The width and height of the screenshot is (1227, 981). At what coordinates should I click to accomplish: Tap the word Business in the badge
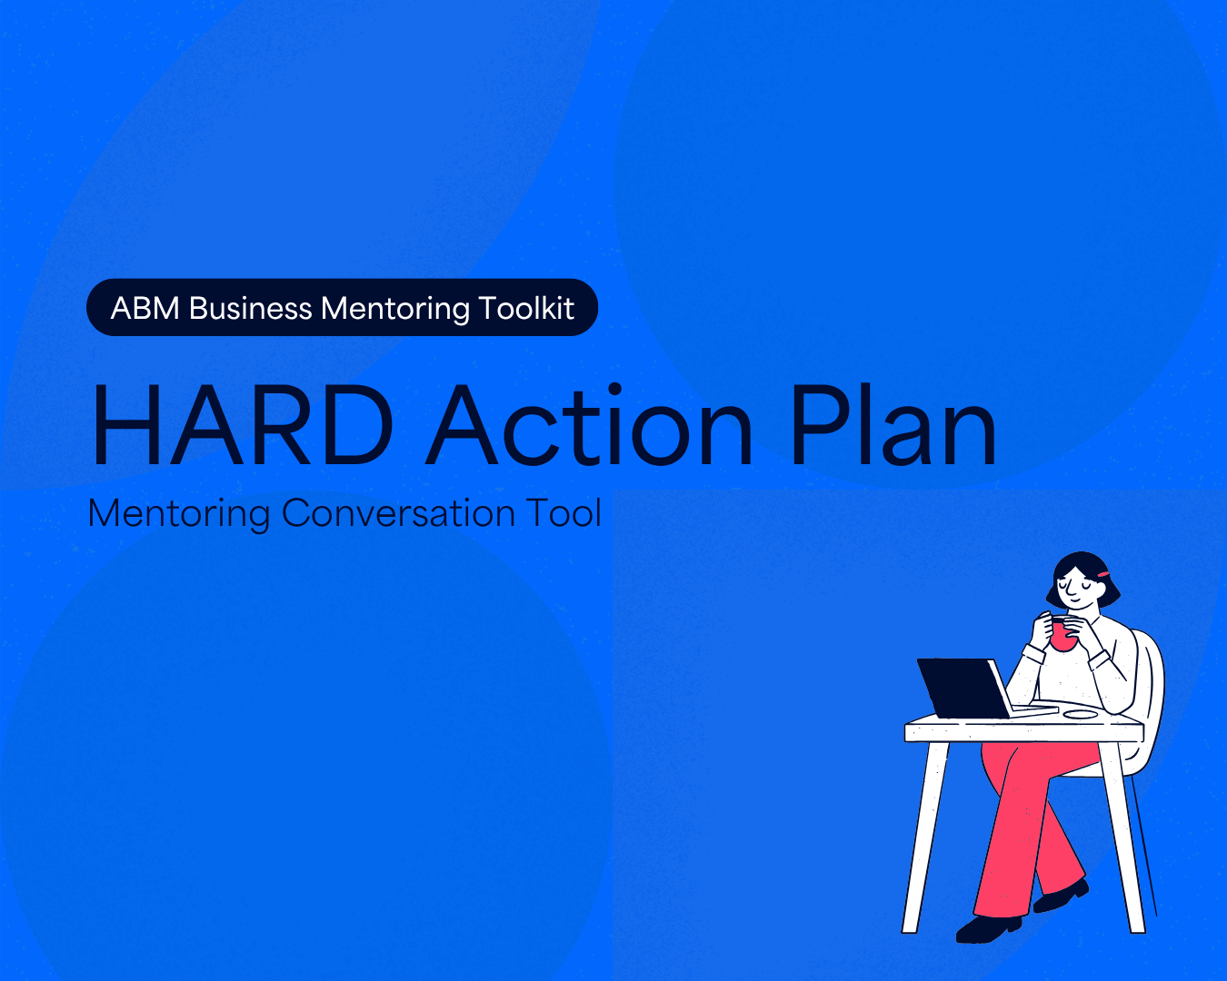click(250, 309)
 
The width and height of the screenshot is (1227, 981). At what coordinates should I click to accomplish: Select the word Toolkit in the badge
click(526, 309)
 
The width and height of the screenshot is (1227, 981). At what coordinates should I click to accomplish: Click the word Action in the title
click(590, 425)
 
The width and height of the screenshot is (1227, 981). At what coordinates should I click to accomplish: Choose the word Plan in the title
click(893, 425)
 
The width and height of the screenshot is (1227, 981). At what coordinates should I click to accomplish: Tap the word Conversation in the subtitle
click(398, 513)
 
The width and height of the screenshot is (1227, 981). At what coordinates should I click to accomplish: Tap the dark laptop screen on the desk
click(963, 688)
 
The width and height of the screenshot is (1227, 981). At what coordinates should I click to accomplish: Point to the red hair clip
click(1103, 574)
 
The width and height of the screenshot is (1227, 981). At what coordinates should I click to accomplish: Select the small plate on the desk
click(1081, 714)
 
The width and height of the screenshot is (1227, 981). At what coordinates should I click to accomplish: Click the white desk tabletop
click(1024, 728)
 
